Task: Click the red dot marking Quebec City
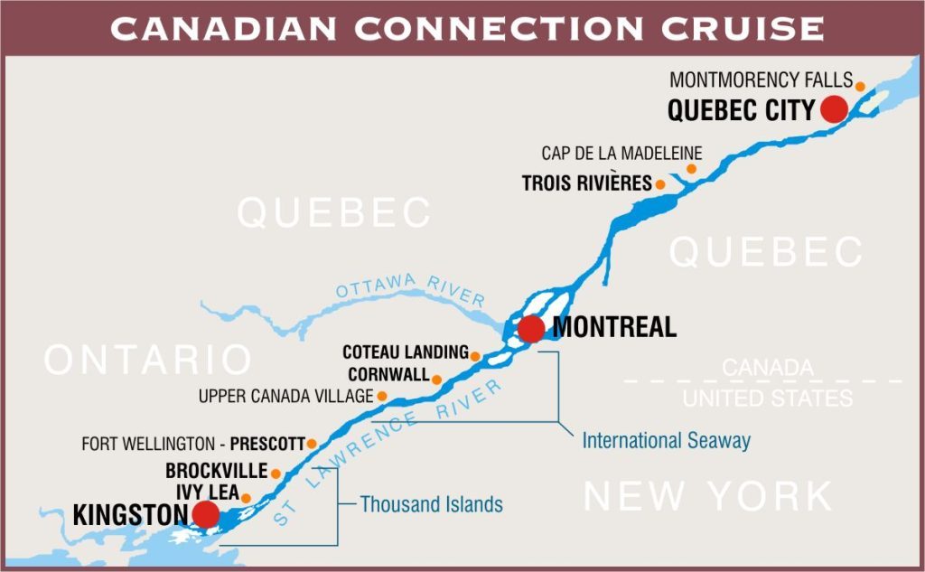click(x=833, y=109)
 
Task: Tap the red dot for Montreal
click(x=531, y=329)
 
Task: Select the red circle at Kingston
click(x=206, y=515)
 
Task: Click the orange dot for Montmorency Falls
click(x=860, y=87)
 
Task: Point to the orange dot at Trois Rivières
click(x=660, y=184)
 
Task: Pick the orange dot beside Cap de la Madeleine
click(x=691, y=169)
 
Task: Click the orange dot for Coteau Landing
click(x=475, y=355)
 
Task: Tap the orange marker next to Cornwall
click(x=437, y=380)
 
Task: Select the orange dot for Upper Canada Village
click(x=382, y=396)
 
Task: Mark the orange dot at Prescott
click(x=312, y=444)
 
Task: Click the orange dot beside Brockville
click(x=276, y=474)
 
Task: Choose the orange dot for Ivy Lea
click(x=246, y=498)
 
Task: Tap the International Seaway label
click(x=666, y=441)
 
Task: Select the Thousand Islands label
click(x=431, y=504)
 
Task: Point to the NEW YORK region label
click(x=708, y=496)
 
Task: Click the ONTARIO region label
click(x=148, y=360)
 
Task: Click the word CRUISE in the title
click(x=743, y=28)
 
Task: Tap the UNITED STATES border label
click(x=767, y=399)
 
